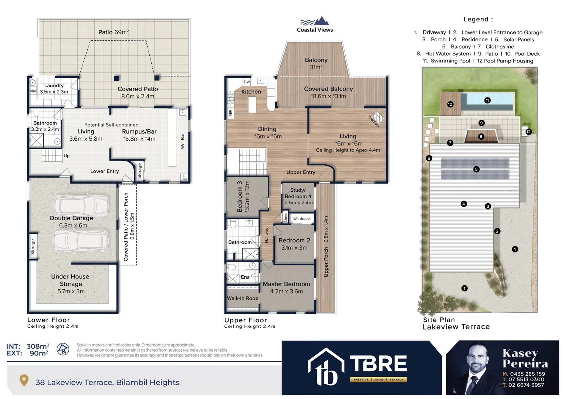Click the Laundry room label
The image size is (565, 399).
pos(54,85)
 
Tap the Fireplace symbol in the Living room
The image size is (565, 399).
pos(377,117)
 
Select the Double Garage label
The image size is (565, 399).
pos(71,218)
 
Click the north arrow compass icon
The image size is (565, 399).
pos(63,349)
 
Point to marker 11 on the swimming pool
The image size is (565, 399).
pos(487,100)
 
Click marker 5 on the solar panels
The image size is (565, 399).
pos(476,169)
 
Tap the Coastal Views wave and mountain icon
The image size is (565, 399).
pos(315,21)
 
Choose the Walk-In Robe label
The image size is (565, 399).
pos(243,298)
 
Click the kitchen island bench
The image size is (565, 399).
pos(252,104)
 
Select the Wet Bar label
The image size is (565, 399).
pos(182,141)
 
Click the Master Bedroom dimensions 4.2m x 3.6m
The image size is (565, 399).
pos(286,291)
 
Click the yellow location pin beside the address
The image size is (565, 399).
pos(24,380)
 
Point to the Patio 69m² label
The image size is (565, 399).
pos(114,32)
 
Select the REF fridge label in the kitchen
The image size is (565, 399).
pos(230,113)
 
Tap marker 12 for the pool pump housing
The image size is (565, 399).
pos(528,132)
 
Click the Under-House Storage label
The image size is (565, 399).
pos(70,280)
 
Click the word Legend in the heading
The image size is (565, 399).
pos(476,19)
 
